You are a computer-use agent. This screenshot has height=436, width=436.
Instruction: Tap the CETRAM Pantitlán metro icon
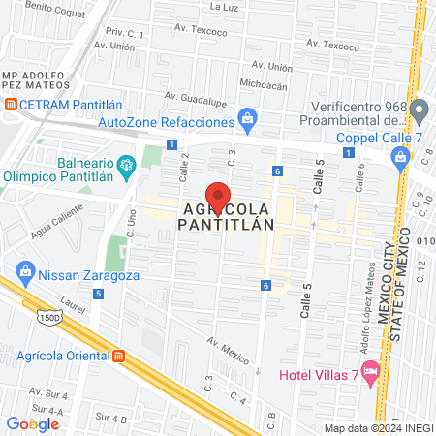10,104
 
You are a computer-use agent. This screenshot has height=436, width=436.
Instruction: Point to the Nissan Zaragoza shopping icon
25,274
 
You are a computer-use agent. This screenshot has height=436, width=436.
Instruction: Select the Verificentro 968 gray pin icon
419,108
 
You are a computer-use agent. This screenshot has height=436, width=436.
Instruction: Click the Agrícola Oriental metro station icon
119,355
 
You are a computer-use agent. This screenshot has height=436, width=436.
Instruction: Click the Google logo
32,423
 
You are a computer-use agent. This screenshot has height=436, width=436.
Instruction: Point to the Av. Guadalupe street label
196,96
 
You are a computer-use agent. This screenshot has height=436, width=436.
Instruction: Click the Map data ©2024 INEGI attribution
378,428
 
